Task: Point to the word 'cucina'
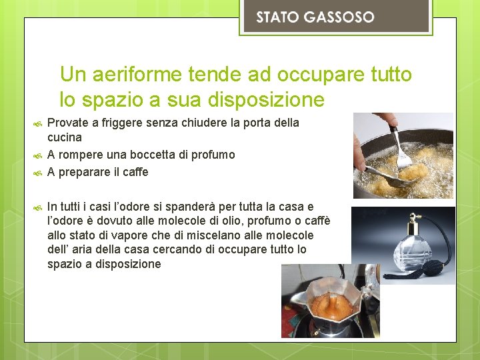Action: [65, 137]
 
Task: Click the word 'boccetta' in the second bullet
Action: [154, 155]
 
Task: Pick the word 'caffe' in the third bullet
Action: [134, 172]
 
